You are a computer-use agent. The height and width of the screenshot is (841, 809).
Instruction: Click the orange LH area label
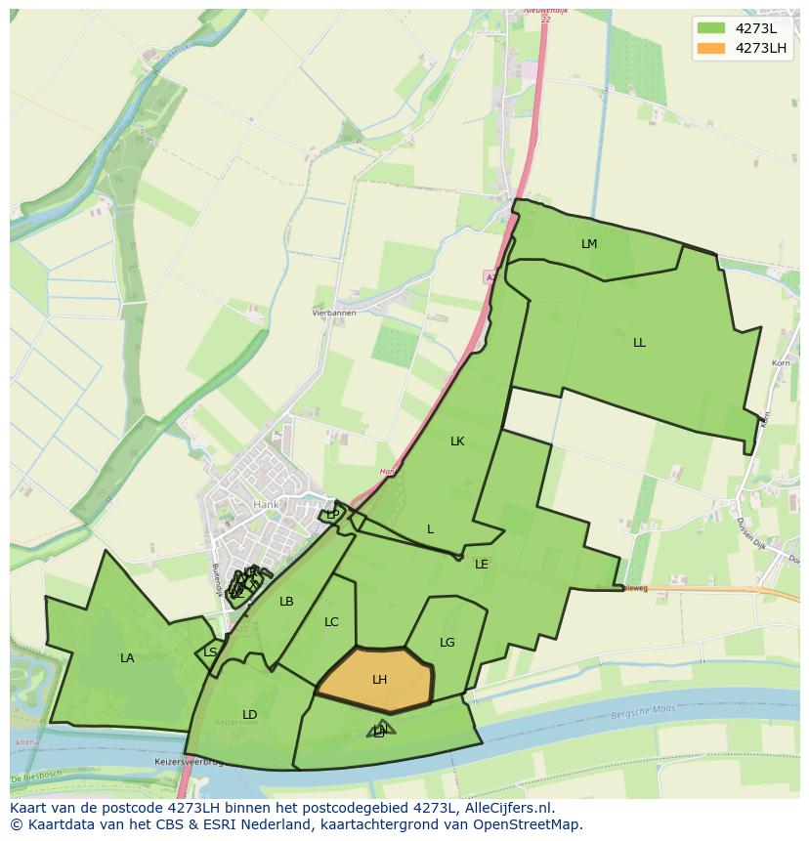tap(379, 680)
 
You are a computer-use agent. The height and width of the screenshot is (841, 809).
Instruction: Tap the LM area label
tap(589, 244)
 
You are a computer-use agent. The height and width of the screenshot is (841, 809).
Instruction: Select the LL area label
tap(639, 343)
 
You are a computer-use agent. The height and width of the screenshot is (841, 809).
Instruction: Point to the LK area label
tap(457, 442)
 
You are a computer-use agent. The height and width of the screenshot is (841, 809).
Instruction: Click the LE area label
tap(482, 565)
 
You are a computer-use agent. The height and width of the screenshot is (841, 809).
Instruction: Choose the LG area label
tap(447, 643)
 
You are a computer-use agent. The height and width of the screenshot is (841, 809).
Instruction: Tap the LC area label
tap(331, 622)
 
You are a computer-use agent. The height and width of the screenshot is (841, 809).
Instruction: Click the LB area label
tap(286, 602)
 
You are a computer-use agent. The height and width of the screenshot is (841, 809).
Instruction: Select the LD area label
tap(250, 715)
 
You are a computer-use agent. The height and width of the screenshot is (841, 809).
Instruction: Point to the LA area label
tap(127, 658)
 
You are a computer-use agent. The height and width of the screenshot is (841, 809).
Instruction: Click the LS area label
tap(211, 652)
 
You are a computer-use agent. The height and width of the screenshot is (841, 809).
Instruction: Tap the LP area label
tap(333, 515)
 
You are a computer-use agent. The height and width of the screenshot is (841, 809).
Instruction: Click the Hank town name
tap(266, 505)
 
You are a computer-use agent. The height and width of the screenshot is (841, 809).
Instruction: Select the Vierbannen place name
tap(334, 313)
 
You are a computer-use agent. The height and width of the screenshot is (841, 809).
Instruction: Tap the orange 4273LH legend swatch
tap(711, 48)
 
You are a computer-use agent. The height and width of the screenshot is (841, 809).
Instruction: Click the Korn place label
tap(780, 363)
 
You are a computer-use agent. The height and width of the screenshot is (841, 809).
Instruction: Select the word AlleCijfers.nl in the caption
tap(508, 808)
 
